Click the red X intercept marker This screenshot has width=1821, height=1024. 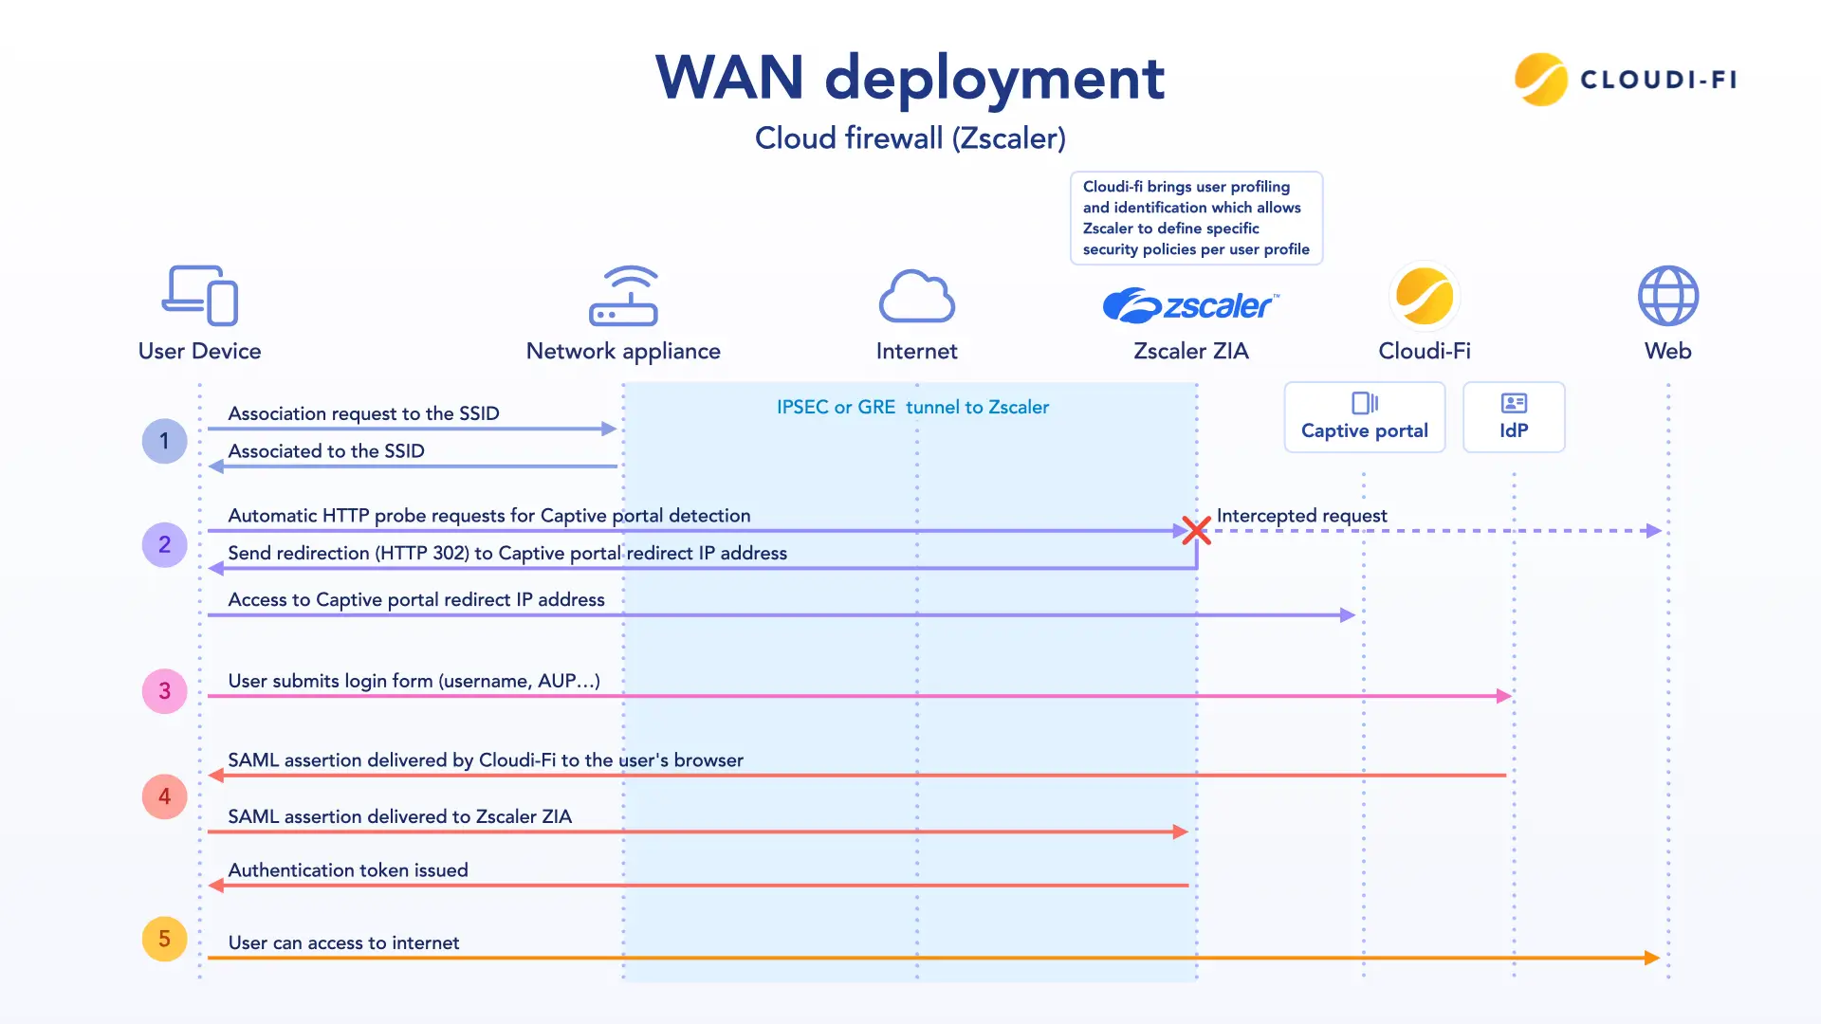click(1197, 530)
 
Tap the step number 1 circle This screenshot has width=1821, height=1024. click(164, 441)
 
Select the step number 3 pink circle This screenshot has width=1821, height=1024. click(164, 691)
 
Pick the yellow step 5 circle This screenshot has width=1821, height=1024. click(164, 939)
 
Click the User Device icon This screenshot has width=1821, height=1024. click(200, 296)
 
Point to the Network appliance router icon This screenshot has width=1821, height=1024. click(623, 296)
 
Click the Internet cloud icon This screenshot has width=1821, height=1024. click(917, 296)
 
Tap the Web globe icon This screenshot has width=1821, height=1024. click(1668, 296)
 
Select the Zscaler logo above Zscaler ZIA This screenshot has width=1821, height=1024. click(1191, 305)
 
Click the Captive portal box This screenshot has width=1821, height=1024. click(1365, 417)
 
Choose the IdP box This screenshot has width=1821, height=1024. click(1514, 417)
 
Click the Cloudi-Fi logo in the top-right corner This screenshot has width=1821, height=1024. click(1626, 80)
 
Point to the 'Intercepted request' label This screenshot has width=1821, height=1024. click(1301, 516)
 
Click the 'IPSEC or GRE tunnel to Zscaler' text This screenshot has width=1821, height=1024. click(912, 407)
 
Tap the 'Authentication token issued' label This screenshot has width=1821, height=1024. click(348, 870)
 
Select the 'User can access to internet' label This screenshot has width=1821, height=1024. click(343, 942)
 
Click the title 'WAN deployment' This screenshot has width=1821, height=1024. click(910, 77)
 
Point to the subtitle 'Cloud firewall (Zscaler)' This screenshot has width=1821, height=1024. click(910, 138)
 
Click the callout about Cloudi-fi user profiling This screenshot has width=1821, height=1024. click(1196, 218)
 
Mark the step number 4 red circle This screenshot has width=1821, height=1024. click(164, 796)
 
